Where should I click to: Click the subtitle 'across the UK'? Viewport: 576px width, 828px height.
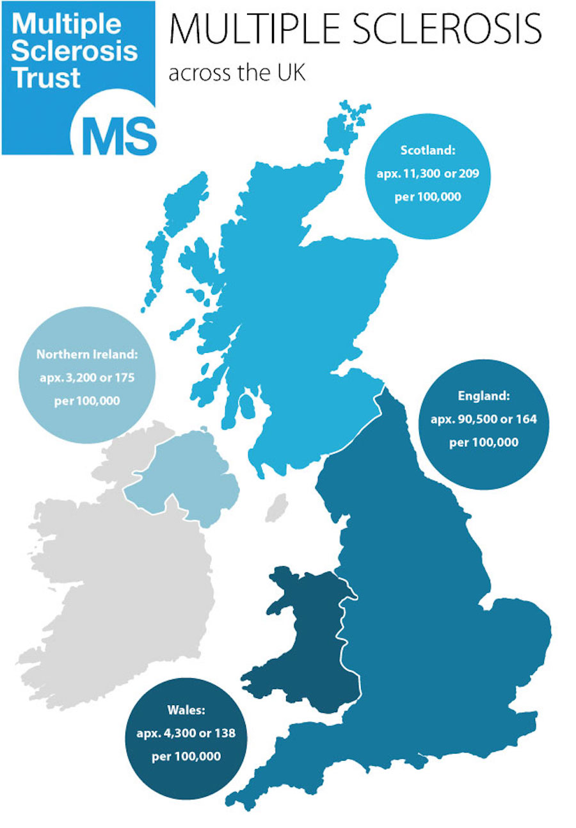click(x=237, y=74)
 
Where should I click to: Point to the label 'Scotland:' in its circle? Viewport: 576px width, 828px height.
click(x=427, y=151)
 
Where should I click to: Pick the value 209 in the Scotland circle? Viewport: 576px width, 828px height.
click(x=482, y=174)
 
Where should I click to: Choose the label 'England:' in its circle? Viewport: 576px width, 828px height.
click(x=483, y=396)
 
